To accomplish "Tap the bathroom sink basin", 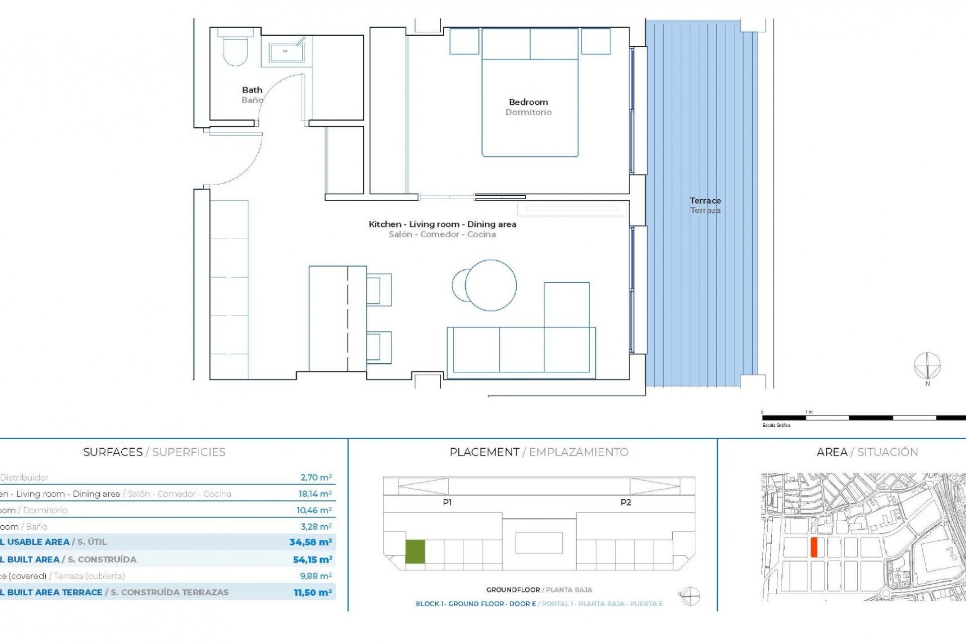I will [x=285, y=51].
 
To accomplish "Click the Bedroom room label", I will [x=528, y=102].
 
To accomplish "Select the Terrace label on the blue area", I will [x=705, y=201].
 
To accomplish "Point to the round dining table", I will [x=491, y=285].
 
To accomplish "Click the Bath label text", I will [x=252, y=90].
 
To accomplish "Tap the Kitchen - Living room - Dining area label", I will [x=442, y=224].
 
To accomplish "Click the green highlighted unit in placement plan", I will [x=415, y=551].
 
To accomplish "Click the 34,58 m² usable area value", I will [x=310, y=542].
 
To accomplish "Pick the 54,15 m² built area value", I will [x=312, y=559].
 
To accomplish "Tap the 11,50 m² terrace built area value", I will [x=312, y=593].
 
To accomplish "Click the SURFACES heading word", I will [x=113, y=452].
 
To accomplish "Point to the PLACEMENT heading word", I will [x=484, y=452].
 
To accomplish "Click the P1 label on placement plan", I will [x=447, y=502].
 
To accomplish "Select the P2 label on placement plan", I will [x=625, y=502].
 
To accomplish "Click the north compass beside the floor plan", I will [x=927, y=366].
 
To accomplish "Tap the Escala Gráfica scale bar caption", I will [x=776, y=425].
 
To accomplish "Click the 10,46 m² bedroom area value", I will [x=314, y=510].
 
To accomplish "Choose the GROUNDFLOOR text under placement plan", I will [x=513, y=590].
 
